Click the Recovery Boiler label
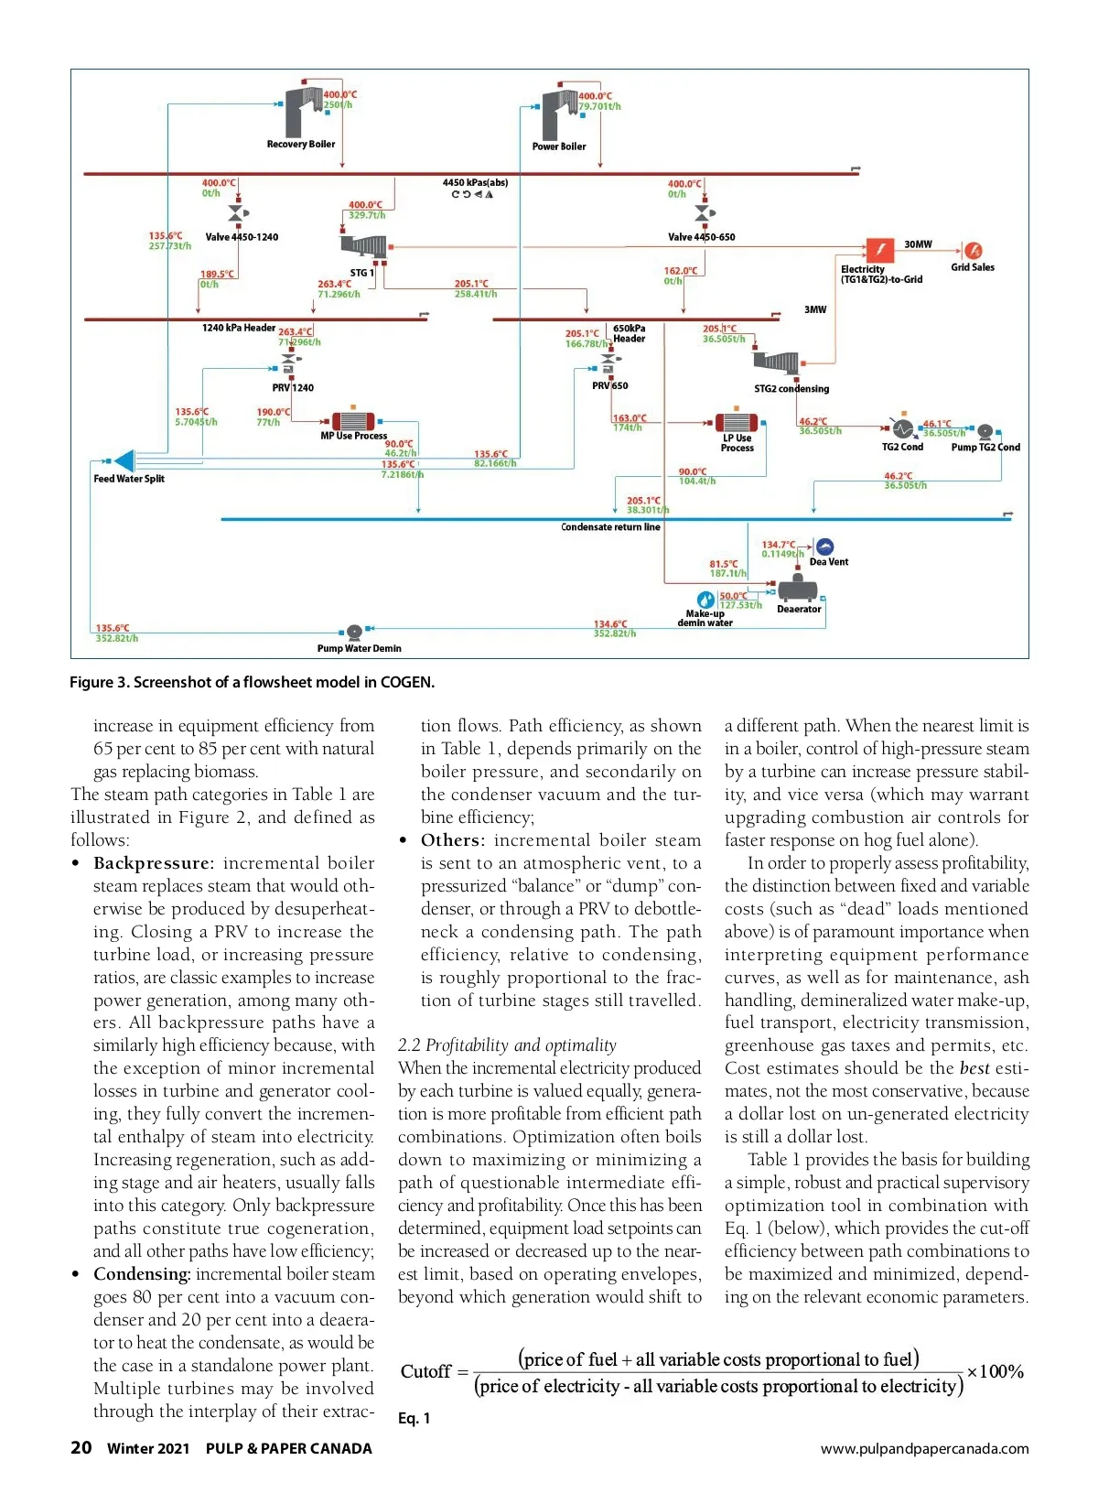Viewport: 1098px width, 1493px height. [x=300, y=145]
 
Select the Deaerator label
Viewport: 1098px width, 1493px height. [x=799, y=610]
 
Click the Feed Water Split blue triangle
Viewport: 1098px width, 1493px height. [x=124, y=461]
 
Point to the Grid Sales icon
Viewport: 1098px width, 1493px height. [x=973, y=250]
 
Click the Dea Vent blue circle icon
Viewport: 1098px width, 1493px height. [x=824, y=547]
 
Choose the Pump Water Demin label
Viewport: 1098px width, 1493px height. [x=359, y=649]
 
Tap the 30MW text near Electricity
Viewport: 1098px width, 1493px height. [x=918, y=244]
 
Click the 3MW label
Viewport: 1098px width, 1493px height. [x=815, y=310]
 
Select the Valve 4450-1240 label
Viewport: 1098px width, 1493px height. [x=242, y=237]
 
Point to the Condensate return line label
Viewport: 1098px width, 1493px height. [x=610, y=527]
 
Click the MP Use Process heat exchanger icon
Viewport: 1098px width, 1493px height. [x=353, y=420]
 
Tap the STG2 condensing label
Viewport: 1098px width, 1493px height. [x=791, y=389]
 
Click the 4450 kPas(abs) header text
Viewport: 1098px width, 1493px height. [x=475, y=183]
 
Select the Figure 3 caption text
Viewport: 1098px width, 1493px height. [x=252, y=682]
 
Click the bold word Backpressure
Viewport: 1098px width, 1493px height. [x=153, y=863]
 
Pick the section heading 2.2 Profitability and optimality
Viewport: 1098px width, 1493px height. [x=507, y=1045]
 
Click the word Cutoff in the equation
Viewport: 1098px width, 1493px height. [x=425, y=1371]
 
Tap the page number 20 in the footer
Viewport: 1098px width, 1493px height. [x=81, y=1447]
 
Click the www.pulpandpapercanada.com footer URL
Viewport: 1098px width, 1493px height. [x=924, y=1448]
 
